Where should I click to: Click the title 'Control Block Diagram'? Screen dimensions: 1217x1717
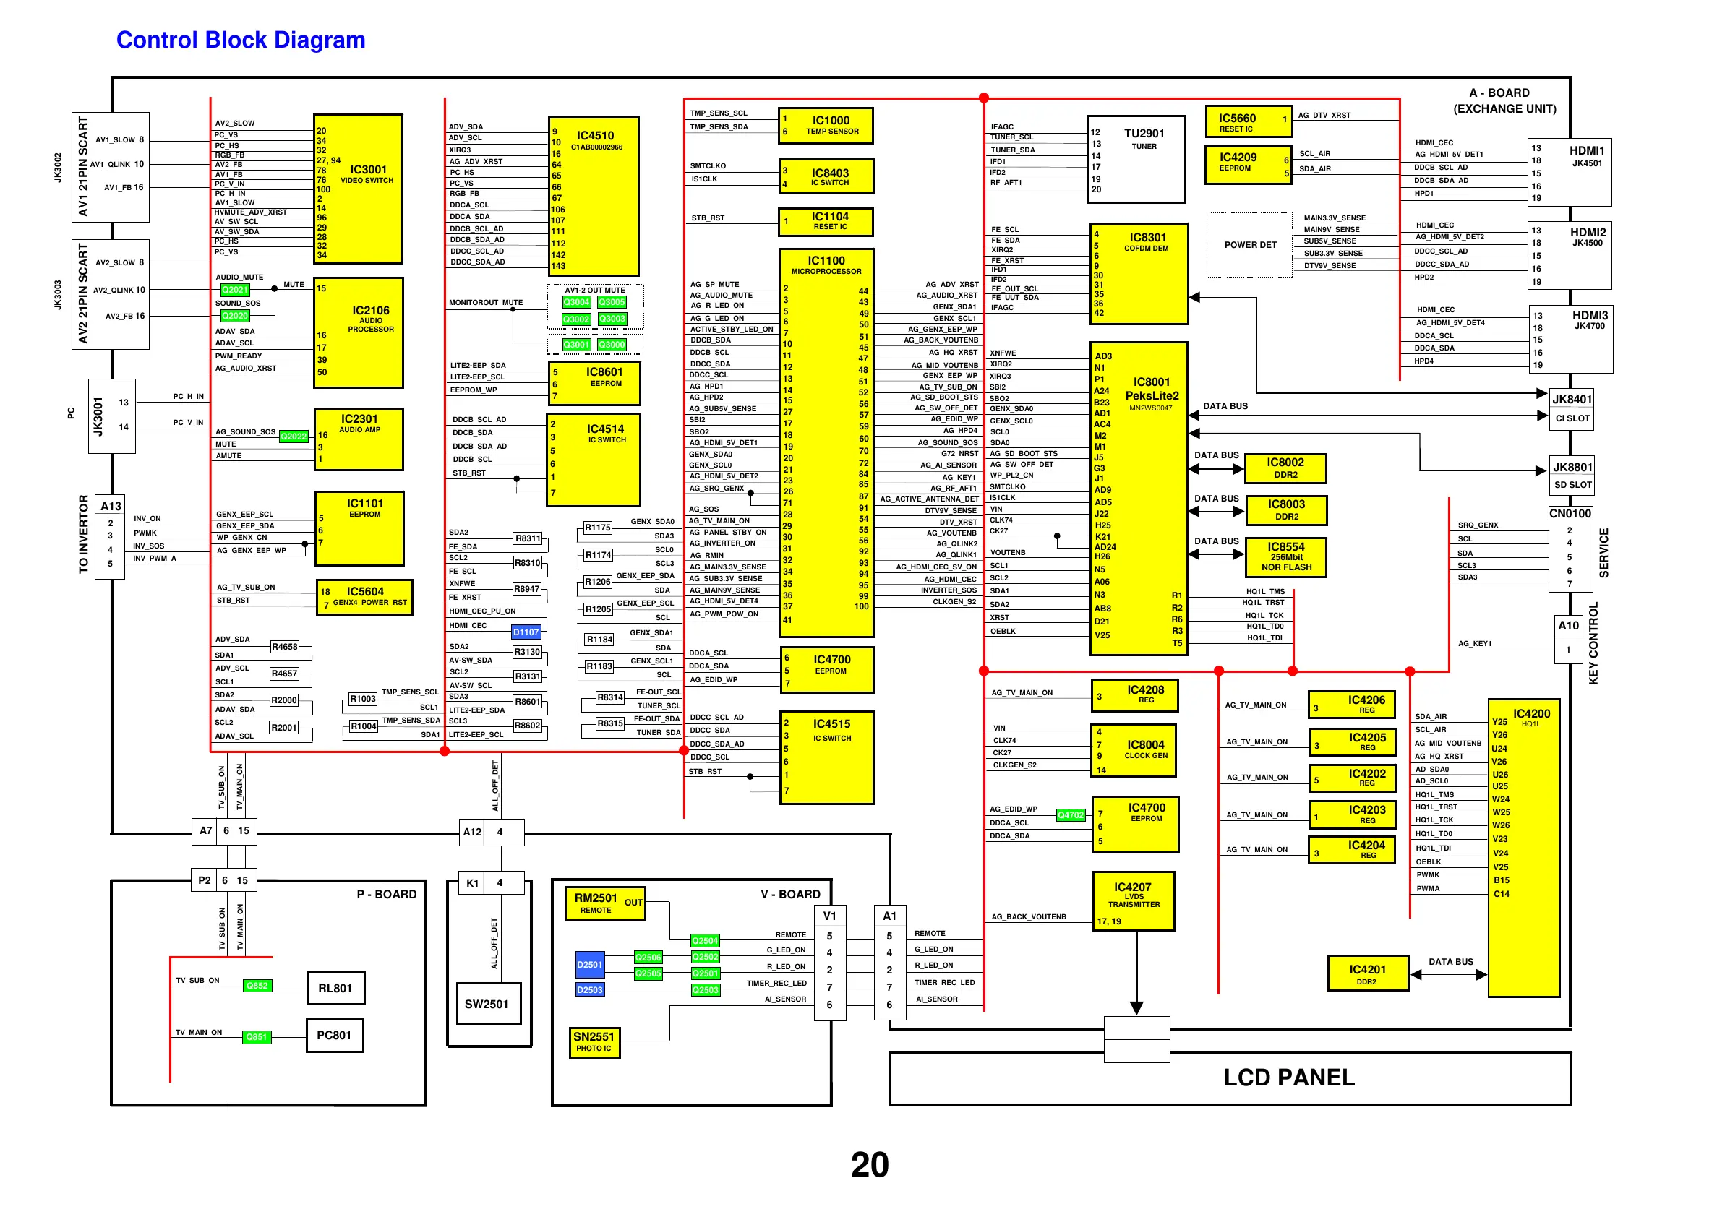241,40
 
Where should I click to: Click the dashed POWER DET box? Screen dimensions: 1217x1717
1249,245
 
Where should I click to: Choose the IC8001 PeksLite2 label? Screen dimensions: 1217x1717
1151,390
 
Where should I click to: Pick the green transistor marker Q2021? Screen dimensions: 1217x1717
234,289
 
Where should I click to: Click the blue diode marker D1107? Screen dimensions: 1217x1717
526,632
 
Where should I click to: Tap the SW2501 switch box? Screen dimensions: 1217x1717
487,1005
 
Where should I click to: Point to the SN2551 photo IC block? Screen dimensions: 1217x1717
594,1041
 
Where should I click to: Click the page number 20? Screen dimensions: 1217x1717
870,1164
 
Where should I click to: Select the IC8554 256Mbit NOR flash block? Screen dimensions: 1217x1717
1286,556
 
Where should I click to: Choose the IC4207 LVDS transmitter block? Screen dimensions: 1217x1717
1133,900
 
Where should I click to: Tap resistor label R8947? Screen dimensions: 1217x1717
526,589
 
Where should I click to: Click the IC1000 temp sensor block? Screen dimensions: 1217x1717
826,125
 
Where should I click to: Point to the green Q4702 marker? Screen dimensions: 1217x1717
1070,814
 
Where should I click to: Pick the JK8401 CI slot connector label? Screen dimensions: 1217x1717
1572,400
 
